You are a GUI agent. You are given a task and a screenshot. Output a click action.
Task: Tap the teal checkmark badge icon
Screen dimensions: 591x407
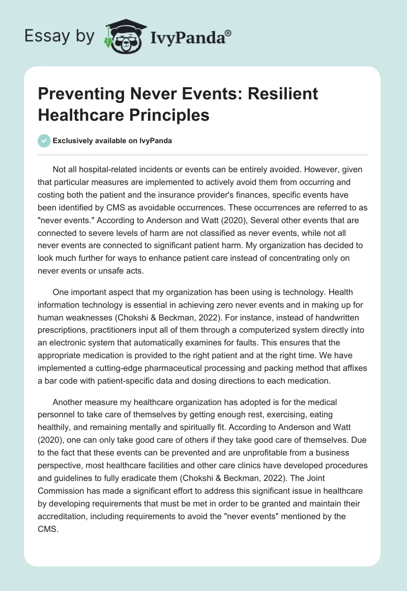pyautogui.click(x=45, y=141)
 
